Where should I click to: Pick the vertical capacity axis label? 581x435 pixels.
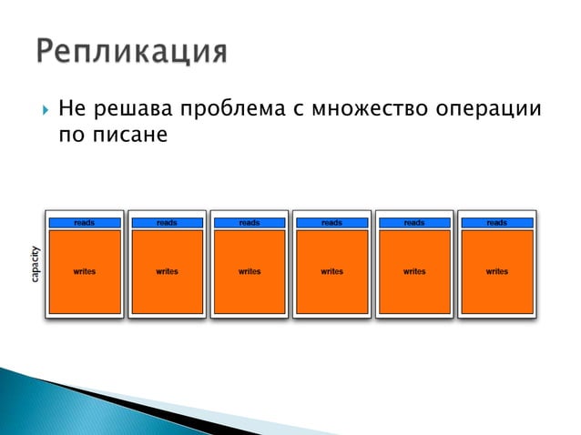click(x=35, y=265)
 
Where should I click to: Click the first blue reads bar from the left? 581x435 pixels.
click(x=85, y=223)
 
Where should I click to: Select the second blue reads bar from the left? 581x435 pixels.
click(x=167, y=223)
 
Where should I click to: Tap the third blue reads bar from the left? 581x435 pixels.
click(x=250, y=223)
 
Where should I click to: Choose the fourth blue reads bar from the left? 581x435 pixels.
click(x=332, y=223)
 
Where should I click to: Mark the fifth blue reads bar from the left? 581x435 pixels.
click(x=414, y=223)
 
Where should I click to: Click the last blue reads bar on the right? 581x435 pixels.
click(x=497, y=223)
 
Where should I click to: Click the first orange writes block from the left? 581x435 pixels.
click(x=85, y=272)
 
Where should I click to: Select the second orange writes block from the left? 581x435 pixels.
click(x=167, y=272)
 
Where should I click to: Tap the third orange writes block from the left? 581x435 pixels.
click(x=250, y=272)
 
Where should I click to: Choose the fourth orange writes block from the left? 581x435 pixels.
click(x=332, y=272)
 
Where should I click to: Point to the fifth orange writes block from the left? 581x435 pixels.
click(x=414, y=272)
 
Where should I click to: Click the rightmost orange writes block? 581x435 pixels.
click(x=497, y=272)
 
